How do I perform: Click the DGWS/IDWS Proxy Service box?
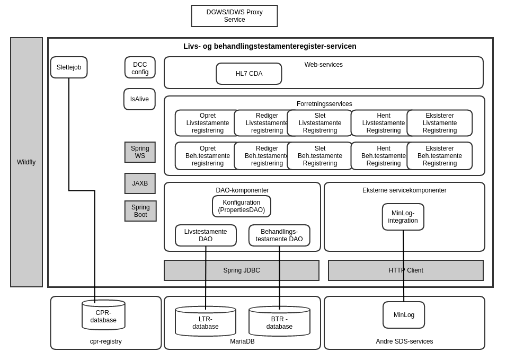pos(234,16)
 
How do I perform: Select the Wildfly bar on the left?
pos(26,162)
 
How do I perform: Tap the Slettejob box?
pos(69,67)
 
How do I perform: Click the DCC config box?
pos(140,68)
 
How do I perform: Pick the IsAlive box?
pos(139,99)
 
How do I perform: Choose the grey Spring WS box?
pos(140,152)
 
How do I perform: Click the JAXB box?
pos(140,183)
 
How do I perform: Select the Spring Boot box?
pos(140,211)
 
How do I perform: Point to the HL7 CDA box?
pos(249,74)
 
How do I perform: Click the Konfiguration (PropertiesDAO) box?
pos(242,206)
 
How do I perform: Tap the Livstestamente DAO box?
pos(206,235)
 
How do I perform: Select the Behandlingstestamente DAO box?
pos(279,235)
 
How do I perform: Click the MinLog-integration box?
pos(403,217)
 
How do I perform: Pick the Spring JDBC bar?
pos(242,270)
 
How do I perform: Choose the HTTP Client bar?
pos(406,270)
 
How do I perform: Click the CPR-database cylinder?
pos(103,317)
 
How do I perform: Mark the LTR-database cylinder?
pos(205,323)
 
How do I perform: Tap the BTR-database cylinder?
pos(279,323)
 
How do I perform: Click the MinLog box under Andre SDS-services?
pos(404,315)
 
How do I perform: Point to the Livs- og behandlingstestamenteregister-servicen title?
pos(270,46)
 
